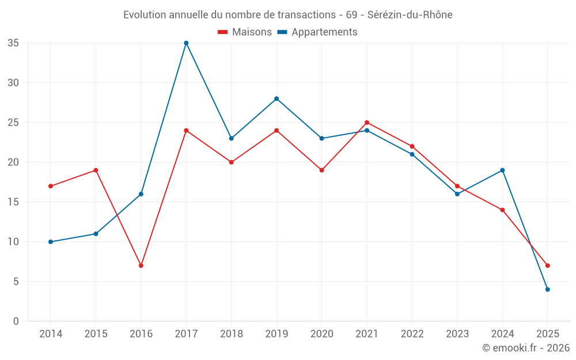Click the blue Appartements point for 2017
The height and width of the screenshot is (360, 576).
coord(186,43)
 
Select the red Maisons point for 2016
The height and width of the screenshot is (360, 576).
coord(141,266)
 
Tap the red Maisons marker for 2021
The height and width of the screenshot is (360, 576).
coord(367,123)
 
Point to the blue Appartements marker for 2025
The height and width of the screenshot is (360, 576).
coord(548,290)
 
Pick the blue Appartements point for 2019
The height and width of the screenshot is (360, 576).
coord(276,98)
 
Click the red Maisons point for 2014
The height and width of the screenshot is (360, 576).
coord(51,186)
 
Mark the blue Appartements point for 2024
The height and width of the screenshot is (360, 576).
coord(502,170)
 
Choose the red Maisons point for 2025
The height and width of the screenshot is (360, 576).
coord(548,266)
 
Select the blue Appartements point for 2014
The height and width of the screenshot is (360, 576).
coord(51,242)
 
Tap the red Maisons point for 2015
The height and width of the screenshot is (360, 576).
coord(96,170)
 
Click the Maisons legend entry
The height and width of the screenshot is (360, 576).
coord(245,32)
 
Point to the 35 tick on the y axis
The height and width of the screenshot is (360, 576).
coord(13,43)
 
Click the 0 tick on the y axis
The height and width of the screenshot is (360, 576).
coord(16,321)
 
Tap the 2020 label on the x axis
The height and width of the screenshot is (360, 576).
coord(321,334)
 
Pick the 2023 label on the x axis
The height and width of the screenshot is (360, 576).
coord(457,334)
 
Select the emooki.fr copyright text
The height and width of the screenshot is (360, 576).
coord(526,348)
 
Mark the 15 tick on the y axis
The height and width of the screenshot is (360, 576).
coord(13,202)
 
